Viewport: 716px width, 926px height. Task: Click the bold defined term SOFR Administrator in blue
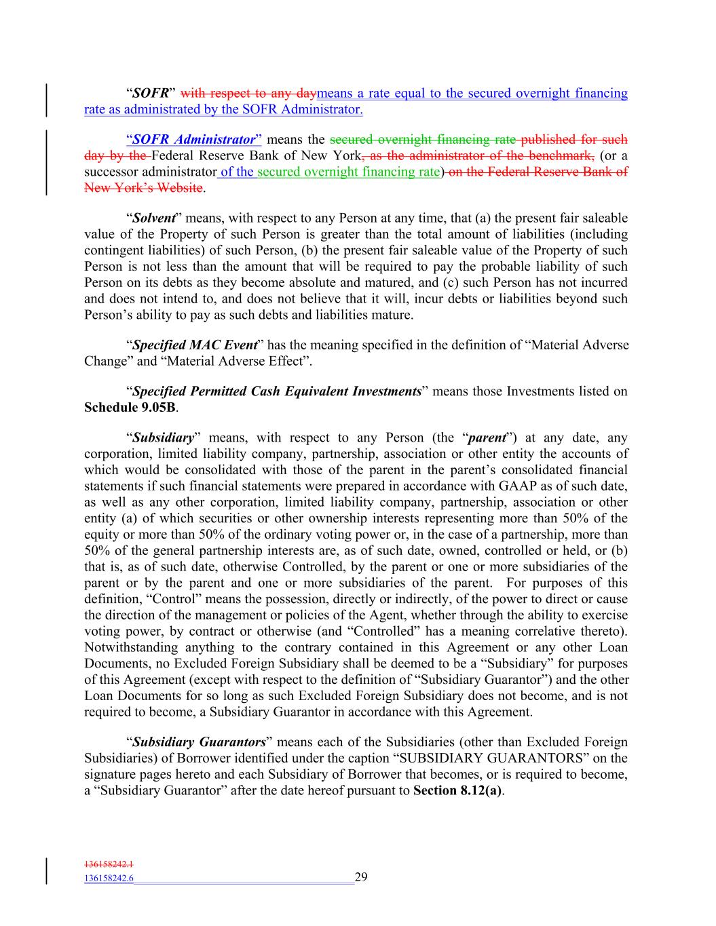(x=193, y=140)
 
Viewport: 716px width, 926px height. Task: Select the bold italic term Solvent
(x=154, y=218)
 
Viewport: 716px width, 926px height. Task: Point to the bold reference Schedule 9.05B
(x=130, y=408)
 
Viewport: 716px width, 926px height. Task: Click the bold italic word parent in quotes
(x=487, y=438)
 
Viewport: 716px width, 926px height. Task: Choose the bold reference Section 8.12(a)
(x=457, y=791)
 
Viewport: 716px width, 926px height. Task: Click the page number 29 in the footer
(x=360, y=877)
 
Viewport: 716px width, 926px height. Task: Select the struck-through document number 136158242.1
(x=109, y=864)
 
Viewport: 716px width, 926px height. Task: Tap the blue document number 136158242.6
(x=109, y=879)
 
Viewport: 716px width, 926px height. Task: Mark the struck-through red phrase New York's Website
(x=143, y=188)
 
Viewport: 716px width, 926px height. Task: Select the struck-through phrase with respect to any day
(x=248, y=93)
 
